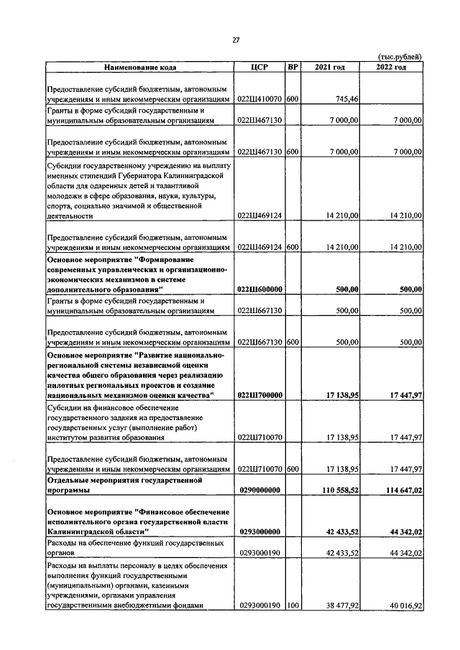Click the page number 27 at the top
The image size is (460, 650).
(x=235, y=40)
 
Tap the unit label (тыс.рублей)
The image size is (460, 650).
(x=400, y=57)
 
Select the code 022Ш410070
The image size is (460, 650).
(x=259, y=98)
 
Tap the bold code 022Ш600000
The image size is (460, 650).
(x=259, y=288)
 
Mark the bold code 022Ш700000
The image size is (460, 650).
(x=259, y=394)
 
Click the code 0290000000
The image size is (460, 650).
(x=259, y=490)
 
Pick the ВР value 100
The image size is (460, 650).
(x=293, y=606)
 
